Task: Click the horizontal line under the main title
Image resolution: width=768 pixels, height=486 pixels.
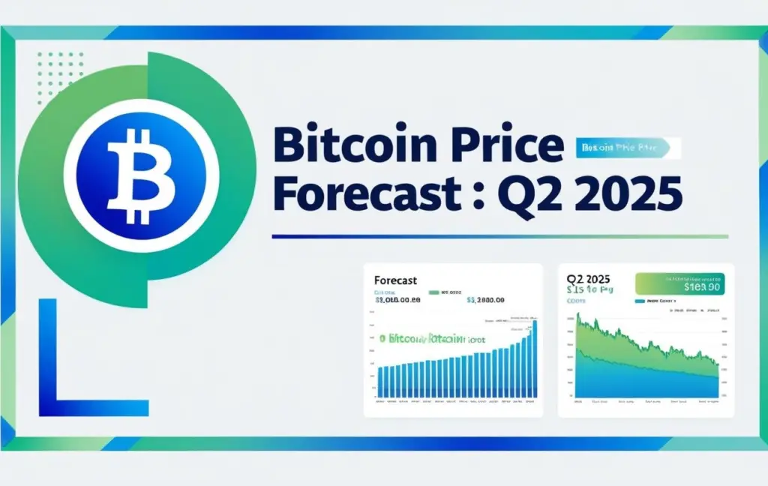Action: [499, 236]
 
